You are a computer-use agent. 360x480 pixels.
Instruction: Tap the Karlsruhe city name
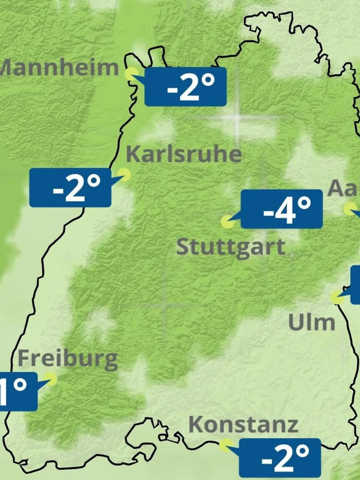click(x=184, y=154)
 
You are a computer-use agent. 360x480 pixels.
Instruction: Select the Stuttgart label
click(x=230, y=247)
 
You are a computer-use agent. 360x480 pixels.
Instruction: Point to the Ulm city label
click(x=311, y=322)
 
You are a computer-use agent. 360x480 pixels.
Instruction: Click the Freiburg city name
click(x=67, y=359)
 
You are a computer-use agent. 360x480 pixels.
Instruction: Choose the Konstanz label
click(x=243, y=424)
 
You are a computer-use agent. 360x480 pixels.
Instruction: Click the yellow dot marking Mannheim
click(x=131, y=73)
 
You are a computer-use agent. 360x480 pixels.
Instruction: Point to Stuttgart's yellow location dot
click(x=227, y=222)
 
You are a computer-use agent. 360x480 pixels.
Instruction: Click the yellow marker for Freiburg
click(x=51, y=379)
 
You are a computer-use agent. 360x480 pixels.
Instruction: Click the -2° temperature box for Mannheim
click(x=185, y=87)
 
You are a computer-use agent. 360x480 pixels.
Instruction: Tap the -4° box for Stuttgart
click(x=282, y=209)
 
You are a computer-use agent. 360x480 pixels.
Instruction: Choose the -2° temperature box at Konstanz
click(x=280, y=458)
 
